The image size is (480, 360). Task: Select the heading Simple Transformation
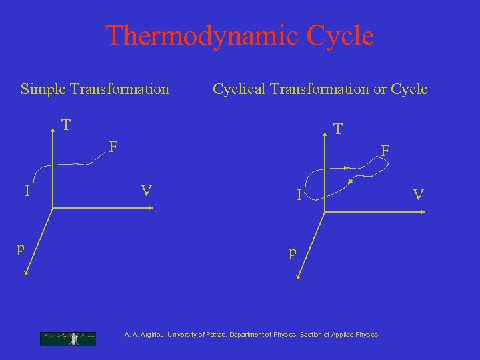pos(95,89)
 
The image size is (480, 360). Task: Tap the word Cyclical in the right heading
pos(241,89)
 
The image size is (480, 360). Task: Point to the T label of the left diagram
pos(66,125)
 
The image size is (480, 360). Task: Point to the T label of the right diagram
pos(339,128)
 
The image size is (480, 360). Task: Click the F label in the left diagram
pos(113,145)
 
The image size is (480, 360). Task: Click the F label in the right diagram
pos(385,151)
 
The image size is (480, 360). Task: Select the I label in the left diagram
pos(27,192)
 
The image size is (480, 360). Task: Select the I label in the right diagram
pos(301,195)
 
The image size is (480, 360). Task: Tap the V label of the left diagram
pos(147,191)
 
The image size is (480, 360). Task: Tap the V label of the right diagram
pos(418,195)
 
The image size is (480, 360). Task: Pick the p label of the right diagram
pos(292,253)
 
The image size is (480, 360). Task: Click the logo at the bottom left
pos(67,338)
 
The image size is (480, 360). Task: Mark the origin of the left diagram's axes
pos(52,209)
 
